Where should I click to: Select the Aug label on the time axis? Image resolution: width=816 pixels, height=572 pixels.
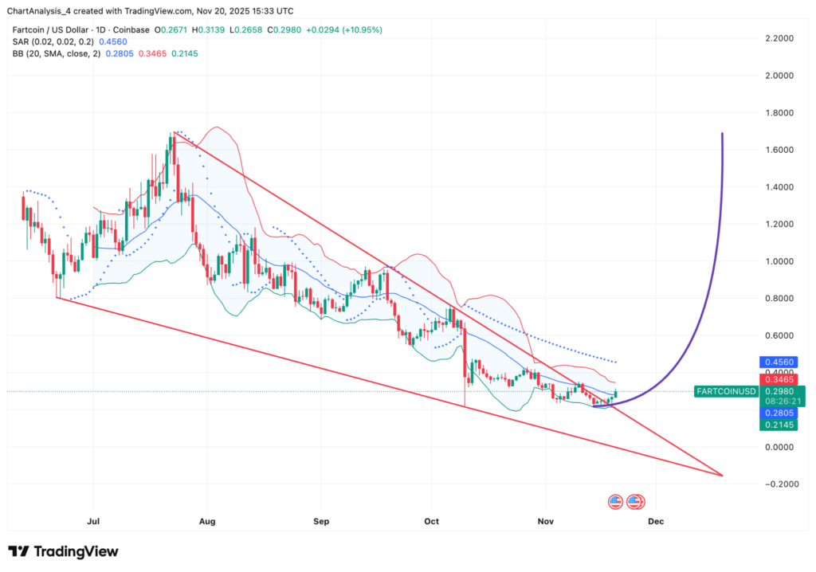coord(206,522)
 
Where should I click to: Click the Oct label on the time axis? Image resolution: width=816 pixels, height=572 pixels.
coord(432,522)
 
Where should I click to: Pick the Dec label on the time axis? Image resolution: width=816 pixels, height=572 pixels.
coord(656,522)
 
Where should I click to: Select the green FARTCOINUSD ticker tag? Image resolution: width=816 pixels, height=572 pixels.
coord(724,391)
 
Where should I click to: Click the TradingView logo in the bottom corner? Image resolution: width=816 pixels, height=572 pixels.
coord(63,551)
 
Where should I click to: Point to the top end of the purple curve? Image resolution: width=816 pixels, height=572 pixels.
coord(722,134)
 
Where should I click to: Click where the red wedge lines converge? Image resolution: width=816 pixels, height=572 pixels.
coord(722,476)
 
